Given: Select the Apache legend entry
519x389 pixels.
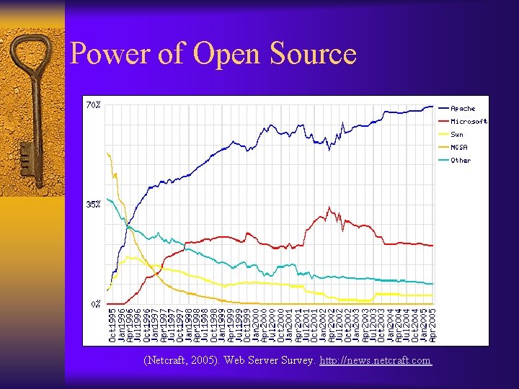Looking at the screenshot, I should (x=462, y=109).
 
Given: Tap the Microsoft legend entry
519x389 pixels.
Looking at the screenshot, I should (x=469, y=122).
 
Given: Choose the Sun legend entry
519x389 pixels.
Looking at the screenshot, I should (x=457, y=135).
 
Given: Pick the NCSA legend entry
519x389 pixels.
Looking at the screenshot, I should (x=459, y=148).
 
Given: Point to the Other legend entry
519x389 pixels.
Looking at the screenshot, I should (x=460, y=161).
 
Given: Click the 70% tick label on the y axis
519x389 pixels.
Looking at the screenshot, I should (x=93, y=105).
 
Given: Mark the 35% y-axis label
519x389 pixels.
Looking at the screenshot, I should (x=93, y=205).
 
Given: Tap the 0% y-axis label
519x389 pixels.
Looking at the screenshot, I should (x=95, y=304).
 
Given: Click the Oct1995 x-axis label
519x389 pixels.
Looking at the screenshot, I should (x=112, y=325).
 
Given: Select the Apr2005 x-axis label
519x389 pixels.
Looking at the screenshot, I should (x=432, y=325).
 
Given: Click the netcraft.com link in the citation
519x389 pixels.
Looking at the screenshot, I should (x=375, y=360).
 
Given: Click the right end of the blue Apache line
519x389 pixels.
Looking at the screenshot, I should (x=432, y=107).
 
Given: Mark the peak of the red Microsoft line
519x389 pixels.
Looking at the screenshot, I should (x=329, y=208).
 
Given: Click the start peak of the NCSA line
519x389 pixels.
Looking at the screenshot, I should (x=107, y=153).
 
